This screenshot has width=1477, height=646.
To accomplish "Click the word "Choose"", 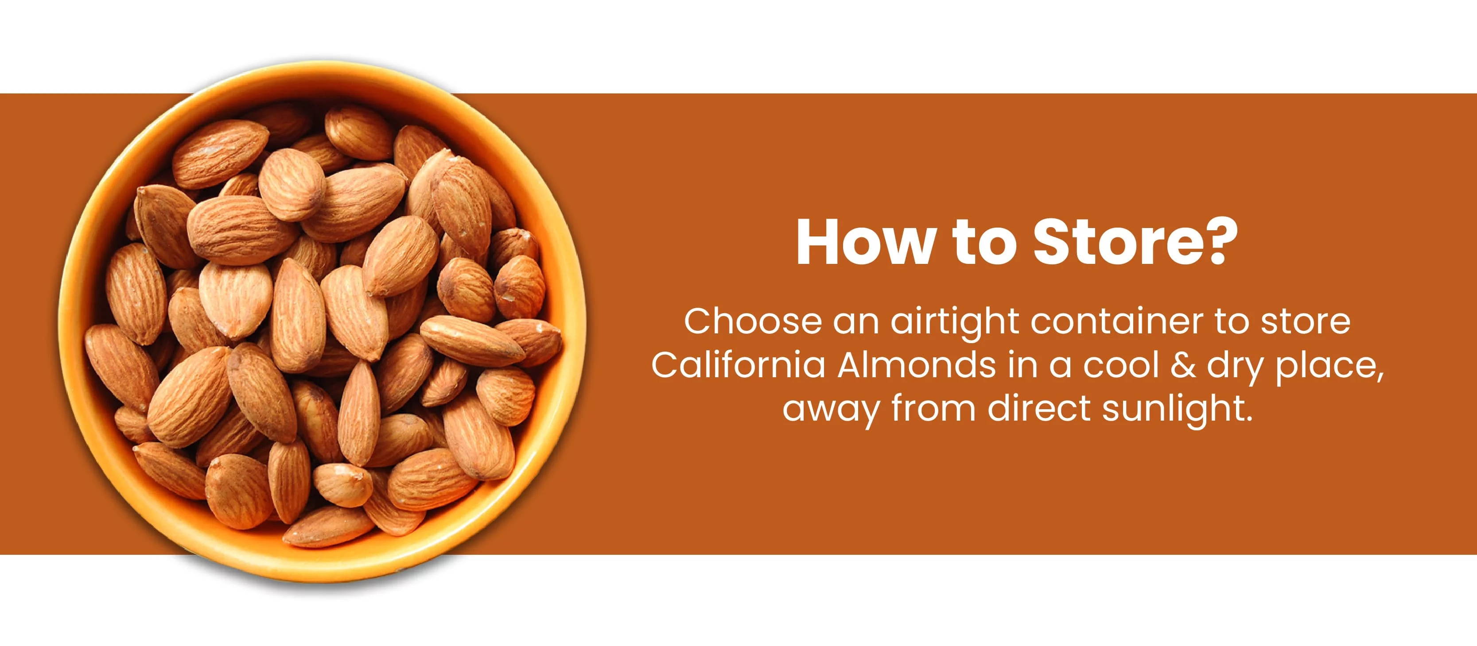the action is click(x=753, y=321).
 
